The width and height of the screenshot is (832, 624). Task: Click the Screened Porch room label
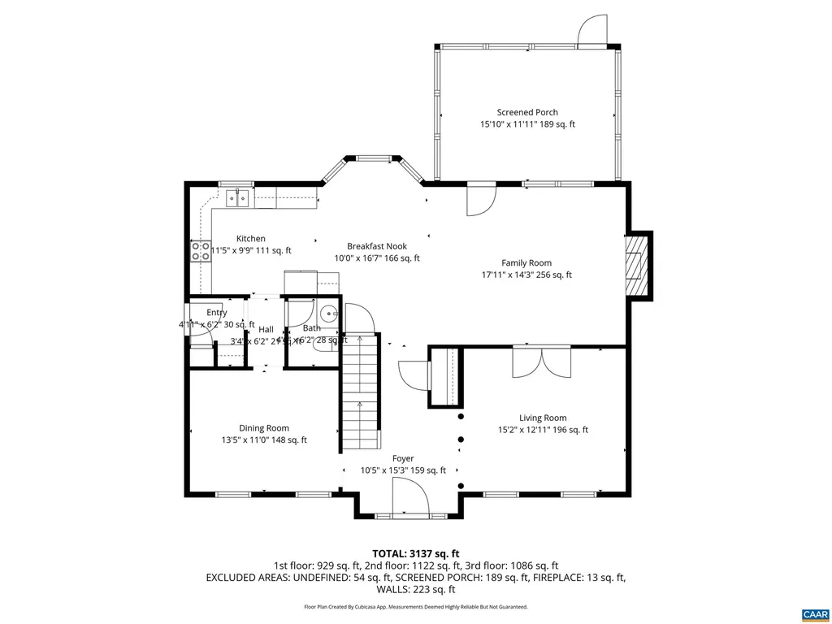527,113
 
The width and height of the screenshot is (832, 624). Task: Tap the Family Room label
526,262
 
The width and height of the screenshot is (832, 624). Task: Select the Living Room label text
543,418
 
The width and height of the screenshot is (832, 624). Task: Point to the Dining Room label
263,428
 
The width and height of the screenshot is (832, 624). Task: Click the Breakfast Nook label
376,246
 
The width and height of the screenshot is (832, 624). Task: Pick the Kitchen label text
250,238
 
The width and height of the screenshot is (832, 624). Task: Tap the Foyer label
403,458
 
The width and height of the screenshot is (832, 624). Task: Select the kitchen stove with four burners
200,251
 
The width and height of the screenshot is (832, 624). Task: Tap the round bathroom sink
328,311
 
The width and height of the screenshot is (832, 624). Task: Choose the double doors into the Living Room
542,362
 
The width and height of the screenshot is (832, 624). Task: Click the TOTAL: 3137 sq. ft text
415,553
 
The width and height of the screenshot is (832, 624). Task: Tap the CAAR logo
813,613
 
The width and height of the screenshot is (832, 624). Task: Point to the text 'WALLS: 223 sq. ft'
415,589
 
